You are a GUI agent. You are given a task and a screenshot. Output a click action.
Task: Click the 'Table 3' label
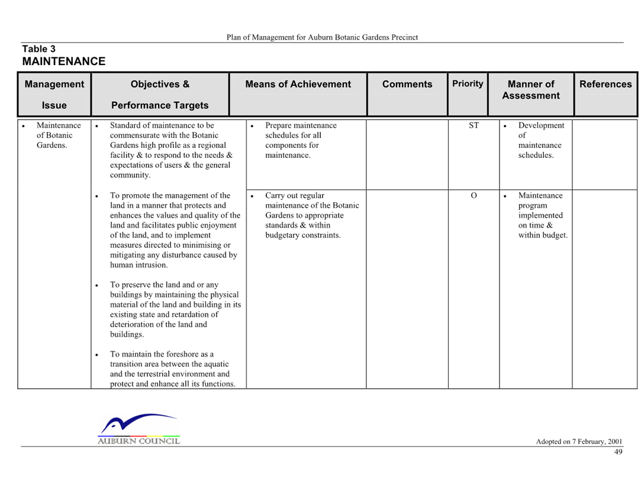click(x=38, y=49)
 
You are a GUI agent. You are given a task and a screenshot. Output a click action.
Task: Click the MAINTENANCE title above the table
click(x=64, y=61)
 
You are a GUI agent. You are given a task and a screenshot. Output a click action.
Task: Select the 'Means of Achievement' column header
click(x=298, y=84)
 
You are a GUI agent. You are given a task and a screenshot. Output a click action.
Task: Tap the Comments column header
click(x=407, y=84)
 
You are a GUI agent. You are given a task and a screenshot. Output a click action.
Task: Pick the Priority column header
click(x=468, y=84)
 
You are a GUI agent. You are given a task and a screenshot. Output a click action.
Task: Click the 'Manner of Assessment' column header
click(x=531, y=89)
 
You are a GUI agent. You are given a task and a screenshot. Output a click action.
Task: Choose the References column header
click(x=606, y=84)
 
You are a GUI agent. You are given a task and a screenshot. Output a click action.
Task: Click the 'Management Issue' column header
click(x=54, y=95)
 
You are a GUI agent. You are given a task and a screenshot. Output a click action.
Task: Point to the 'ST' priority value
click(x=474, y=125)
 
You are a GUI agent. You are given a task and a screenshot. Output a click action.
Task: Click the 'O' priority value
click(x=474, y=195)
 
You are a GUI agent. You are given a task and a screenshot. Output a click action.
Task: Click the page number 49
click(x=618, y=452)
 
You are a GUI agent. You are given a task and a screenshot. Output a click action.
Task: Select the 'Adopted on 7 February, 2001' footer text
click(x=579, y=442)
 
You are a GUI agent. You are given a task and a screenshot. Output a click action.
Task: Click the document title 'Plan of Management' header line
click(x=322, y=37)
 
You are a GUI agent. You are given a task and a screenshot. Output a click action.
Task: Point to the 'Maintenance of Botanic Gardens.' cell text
click(x=59, y=135)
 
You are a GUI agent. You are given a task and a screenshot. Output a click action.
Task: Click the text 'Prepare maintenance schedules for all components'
click(x=301, y=135)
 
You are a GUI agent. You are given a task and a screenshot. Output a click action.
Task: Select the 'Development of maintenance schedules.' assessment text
click(x=541, y=140)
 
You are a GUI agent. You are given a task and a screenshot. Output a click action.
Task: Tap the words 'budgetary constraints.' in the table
click(x=302, y=235)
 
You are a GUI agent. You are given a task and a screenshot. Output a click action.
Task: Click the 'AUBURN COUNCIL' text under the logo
click(x=139, y=441)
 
